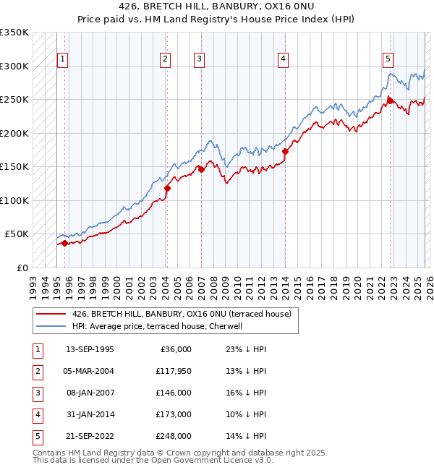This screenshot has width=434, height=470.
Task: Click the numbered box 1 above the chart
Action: click(x=64, y=59)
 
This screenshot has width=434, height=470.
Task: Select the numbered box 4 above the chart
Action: click(x=284, y=59)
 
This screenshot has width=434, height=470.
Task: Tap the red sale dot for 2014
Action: click(x=285, y=152)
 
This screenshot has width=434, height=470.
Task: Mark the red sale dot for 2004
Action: click(x=167, y=189)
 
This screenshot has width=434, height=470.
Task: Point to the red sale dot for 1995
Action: click(x=65, y=243)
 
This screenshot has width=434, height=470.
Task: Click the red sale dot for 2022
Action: click(x=389, y=101)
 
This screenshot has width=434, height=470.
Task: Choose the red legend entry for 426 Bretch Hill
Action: click(x=181, y=314)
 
